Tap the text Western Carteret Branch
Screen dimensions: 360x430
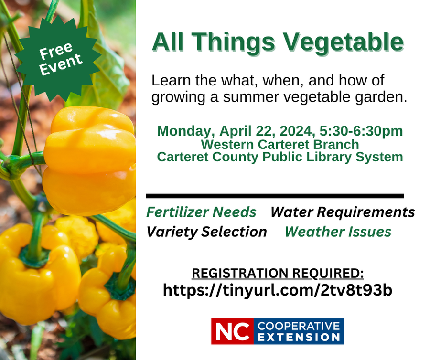[x=279, y=144]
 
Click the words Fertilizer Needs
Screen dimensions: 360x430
[x=201, y=212]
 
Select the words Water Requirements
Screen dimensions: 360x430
[x=343, y=212]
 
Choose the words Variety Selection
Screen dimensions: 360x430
[x=206, y=232]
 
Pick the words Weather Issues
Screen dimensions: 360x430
[x=338, y=232]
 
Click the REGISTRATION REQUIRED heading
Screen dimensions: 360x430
[x=278, y=273]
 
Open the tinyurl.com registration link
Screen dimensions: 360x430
[x=278, y=290]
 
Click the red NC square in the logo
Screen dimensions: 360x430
[x=233, y=331]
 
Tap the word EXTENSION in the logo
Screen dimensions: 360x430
[x=298, y=337]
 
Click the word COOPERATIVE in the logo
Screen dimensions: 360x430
[x=298, y=326]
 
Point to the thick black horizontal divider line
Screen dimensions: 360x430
[x=275, y=196]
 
